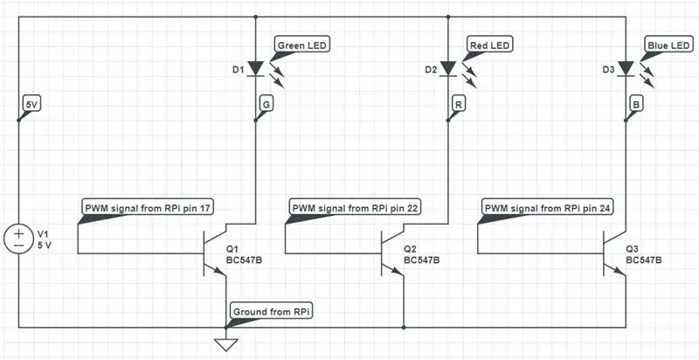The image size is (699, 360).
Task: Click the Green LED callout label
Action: pyautogui.click(x=302, y=45)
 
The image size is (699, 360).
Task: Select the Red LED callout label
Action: pyautogui.click(x=489, y=45)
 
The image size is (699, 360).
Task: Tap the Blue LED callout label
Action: pyautogui.click(x=668, y=45)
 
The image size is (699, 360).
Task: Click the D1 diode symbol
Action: pyautogui.click(x=255, y=69)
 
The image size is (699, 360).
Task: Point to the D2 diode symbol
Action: pyautogui.click(x=448, y=69)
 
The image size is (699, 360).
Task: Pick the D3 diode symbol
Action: pyautogui.click(x=626, y=69)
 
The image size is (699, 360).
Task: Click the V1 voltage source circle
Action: pyautogui.click(x=18, y=239)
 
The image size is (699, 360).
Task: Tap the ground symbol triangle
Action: pyautogui.click(x=225, y=344)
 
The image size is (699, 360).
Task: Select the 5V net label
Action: pyautogui.click(x=31, y=104)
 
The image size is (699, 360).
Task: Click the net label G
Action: pyautogui.click(x=266, y=104)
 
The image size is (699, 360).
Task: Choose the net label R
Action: pyautogui.click(x=458, y=104)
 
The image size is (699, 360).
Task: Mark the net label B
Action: pyautogui.click(x=636, y=104)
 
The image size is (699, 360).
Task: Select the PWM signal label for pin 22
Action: pyautogui.click(x=356, y=207)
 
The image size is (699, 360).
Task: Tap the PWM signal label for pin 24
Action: pyautogui.click(x=550, y=207)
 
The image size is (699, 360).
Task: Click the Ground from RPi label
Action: pyautogui.click(x=272, y=312)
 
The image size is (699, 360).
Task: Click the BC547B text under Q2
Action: pyautogui.click(x=422, y=260)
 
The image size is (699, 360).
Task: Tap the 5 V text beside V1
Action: pyautogui.click(x=45, y=245)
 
